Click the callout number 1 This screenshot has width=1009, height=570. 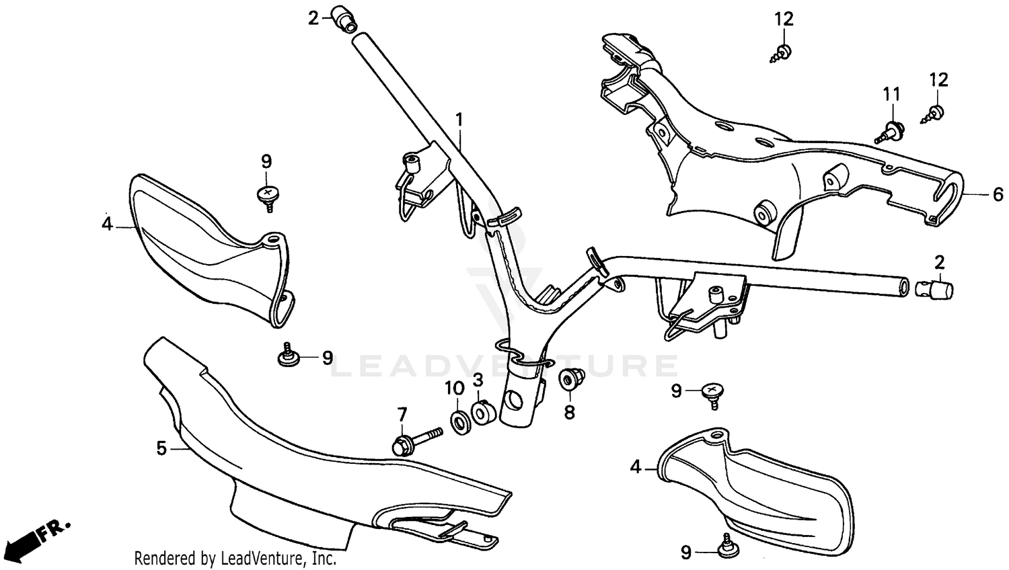tap(459, 120)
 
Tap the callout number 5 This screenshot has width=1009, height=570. tap(161, 448)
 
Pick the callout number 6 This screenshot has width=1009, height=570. tap(998, 194)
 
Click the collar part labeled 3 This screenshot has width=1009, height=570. tap(482, 412)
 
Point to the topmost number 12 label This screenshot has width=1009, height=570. tap(784, 19)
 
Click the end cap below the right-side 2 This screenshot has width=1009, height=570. tap(936, 289)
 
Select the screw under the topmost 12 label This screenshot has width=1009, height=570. tap(780, 53)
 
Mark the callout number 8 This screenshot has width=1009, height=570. tap(570, 411)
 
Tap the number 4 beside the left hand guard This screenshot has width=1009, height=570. tap(107, 224)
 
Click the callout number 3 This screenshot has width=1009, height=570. tap(478, 380)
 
